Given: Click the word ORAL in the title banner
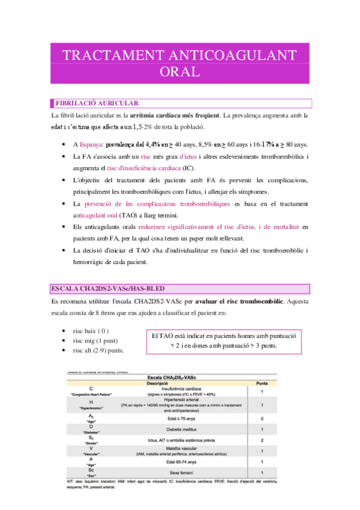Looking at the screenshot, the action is coord(180,72).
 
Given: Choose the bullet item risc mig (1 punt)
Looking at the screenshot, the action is coord(95,340).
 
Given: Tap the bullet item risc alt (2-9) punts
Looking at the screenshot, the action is coord(98,350).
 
